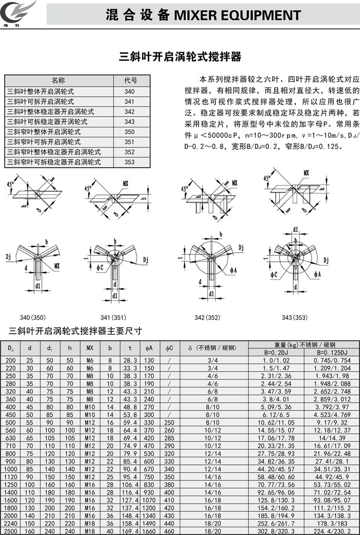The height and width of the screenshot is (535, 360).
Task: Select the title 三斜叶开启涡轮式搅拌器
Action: pyautogui.click(x=180, y=56)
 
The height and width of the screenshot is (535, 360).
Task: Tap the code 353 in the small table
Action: pyautogui.click(x=130, y=162)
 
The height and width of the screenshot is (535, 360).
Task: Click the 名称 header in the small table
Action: pyautogui.click(x=58, y=81)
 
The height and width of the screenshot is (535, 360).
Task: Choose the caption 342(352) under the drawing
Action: pyautogui.click(x=207, y=318)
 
